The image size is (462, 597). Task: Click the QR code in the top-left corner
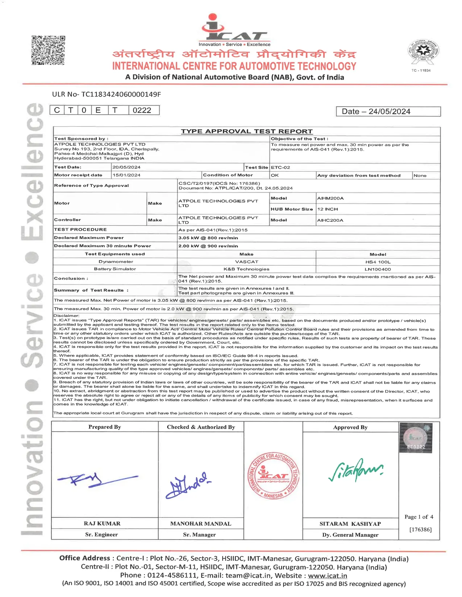(48, 50)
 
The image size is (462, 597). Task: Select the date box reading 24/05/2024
(388, 111)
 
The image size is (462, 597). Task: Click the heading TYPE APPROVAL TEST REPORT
(246, 131)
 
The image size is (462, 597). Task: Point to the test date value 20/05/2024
(126, 167)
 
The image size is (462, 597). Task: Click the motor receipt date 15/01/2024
(126, 175)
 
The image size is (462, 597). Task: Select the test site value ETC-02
(280, 168)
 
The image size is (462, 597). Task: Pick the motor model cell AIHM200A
(330, 198)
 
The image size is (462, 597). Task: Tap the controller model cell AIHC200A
(330, 220)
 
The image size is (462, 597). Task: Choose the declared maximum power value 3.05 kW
(208, 238)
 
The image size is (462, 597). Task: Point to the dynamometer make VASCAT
(246, 262)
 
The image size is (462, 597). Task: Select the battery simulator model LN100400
(378, 269)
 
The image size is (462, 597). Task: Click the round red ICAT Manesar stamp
(274, 475)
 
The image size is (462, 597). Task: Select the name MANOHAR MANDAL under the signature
(201, 524)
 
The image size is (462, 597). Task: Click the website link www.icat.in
(327, 576)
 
